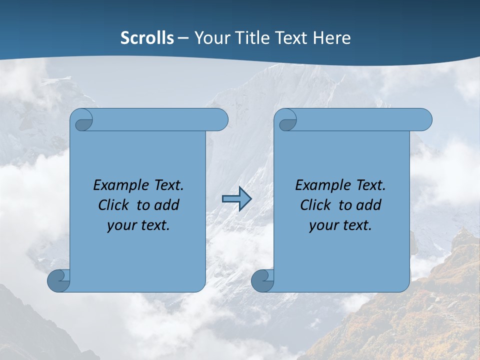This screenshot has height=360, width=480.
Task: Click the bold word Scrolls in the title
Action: click(x=147, y=38)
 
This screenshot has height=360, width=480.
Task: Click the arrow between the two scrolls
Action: click(x=236, y=199)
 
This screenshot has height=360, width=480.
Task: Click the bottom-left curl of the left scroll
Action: click(x=59, y=280)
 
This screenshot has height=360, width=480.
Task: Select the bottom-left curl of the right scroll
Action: click(x=262, y=280)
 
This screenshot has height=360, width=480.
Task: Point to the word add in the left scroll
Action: click(x=166, y=205)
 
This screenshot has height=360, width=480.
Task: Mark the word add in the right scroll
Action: click(x=368, y=205)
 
